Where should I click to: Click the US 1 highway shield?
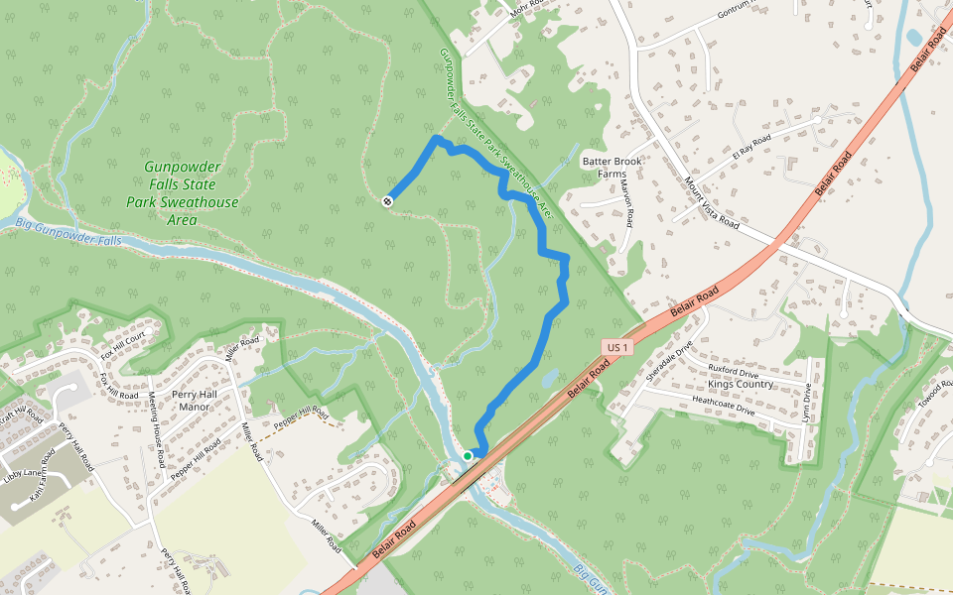point(616,347)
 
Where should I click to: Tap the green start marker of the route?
point(467,456)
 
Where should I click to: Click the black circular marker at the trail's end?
point(386,201)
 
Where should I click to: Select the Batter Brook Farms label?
point(613,167)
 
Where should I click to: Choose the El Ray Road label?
point(751,147)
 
